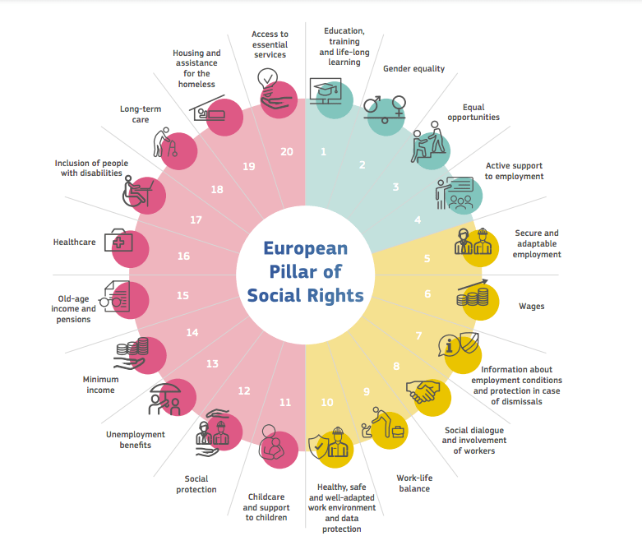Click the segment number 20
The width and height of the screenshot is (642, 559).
point(286,151)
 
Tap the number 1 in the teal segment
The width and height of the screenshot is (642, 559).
point(324,151)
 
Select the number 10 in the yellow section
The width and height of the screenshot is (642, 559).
point(327,402)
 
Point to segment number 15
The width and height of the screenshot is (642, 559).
point(182,295)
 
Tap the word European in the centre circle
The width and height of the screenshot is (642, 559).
point(305,248)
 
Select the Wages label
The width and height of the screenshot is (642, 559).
point(531,307)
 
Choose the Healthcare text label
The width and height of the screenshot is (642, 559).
point(75,243)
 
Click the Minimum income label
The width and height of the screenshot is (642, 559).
point(99,385)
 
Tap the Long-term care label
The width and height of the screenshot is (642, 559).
point(141,113)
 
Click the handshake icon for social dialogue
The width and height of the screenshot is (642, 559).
point(424,392)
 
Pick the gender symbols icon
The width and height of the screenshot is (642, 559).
point(384,109)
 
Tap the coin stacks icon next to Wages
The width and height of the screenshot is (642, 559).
point(474,293)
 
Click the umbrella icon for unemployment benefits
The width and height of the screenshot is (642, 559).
point(166,398)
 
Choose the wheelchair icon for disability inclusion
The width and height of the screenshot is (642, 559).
point(140,192)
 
